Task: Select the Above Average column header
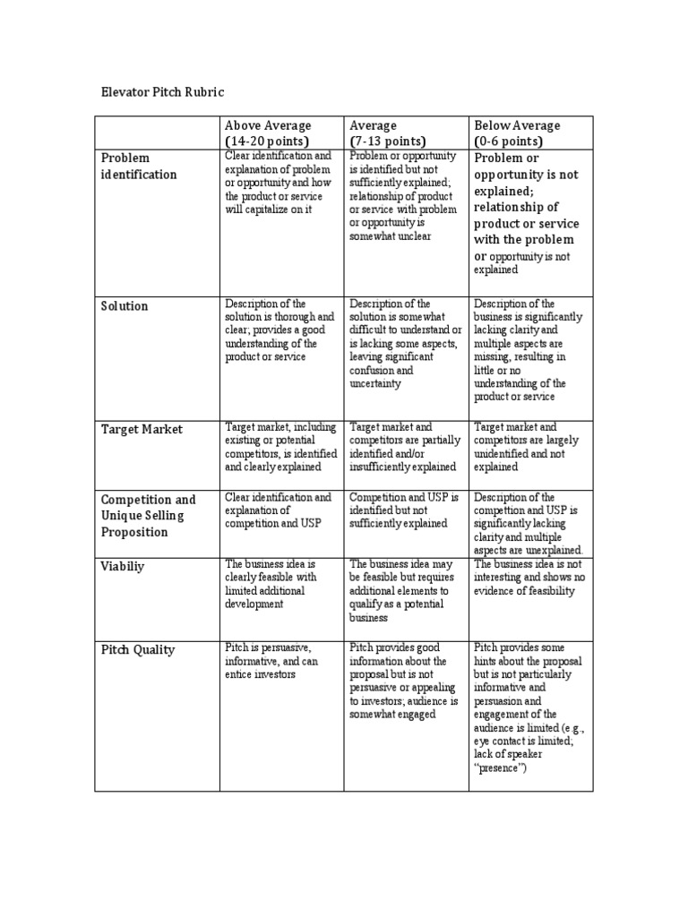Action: [x=268, y=125]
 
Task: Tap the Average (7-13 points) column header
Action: [x=388, y=133]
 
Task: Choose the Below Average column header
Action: [x=517, y=125]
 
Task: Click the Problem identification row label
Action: [x=139, y=166]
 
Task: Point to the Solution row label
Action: [x=125, y=306]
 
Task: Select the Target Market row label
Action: [x=142, y=429]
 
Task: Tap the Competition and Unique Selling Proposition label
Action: [x=148, y=515]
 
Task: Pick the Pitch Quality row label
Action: [x=138, y=650]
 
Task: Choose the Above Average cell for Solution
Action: [x=279, y=330]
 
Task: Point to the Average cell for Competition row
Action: [x=403, y=510]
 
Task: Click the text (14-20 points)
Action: [x=266, y=141]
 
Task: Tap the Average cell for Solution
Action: [x=405, y=343]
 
